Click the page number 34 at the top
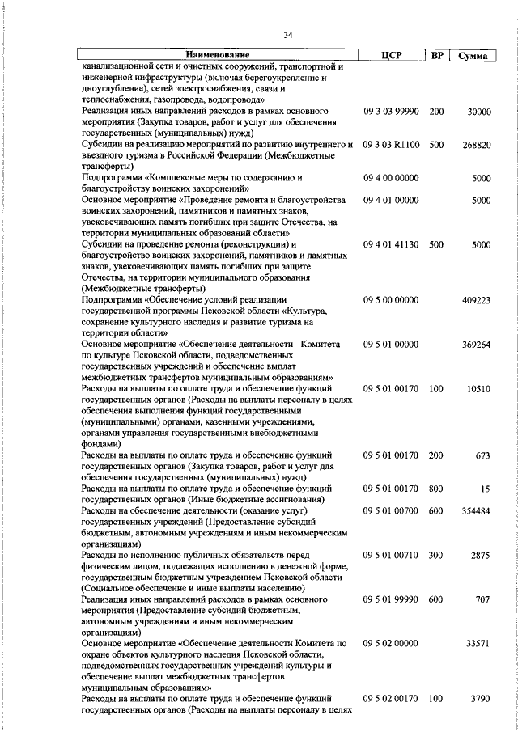(287, 34)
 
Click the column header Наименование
(218, 56)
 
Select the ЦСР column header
(397, 56)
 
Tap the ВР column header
(437, 56)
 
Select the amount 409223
(475, 300)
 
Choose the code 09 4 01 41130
(391, 244)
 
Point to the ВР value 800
(436, 489)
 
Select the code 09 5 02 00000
(391, 644)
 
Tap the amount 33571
(478, 644)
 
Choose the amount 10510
(478, 389)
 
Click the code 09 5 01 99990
(391, 599)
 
